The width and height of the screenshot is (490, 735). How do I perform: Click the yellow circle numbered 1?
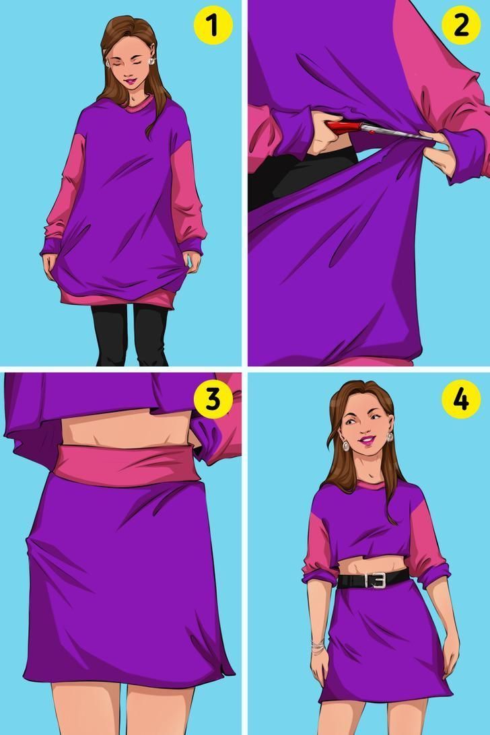213,26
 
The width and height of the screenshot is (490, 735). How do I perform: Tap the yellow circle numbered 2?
461,26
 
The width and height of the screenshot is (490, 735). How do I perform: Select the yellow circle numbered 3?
213,399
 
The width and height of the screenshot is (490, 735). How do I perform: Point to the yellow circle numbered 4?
461,399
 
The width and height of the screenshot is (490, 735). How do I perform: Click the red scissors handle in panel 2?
345,127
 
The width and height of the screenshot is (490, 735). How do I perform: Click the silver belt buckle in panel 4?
375,580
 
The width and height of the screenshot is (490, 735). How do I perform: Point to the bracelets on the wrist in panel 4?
318,647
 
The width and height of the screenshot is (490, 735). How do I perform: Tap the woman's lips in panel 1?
131,81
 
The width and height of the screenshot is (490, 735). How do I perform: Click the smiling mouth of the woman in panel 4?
366,441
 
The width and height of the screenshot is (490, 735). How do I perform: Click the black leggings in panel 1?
131,334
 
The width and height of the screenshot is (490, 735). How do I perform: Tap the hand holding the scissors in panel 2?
328,133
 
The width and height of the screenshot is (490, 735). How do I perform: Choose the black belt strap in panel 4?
373,580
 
